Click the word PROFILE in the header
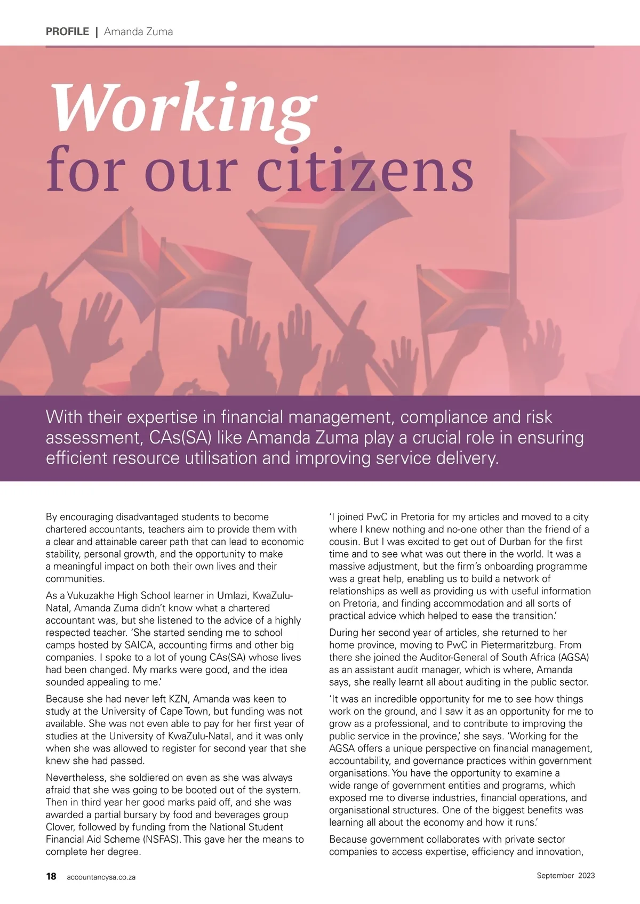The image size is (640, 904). [x=67, y=31]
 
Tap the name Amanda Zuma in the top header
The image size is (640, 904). [x=138, y=31]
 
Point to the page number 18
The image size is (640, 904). [x=51, y=876]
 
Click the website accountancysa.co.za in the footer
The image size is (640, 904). [x=101, y=877]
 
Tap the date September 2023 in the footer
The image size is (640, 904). [x=565, y=875]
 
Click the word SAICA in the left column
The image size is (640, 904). [x=139, y=645]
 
